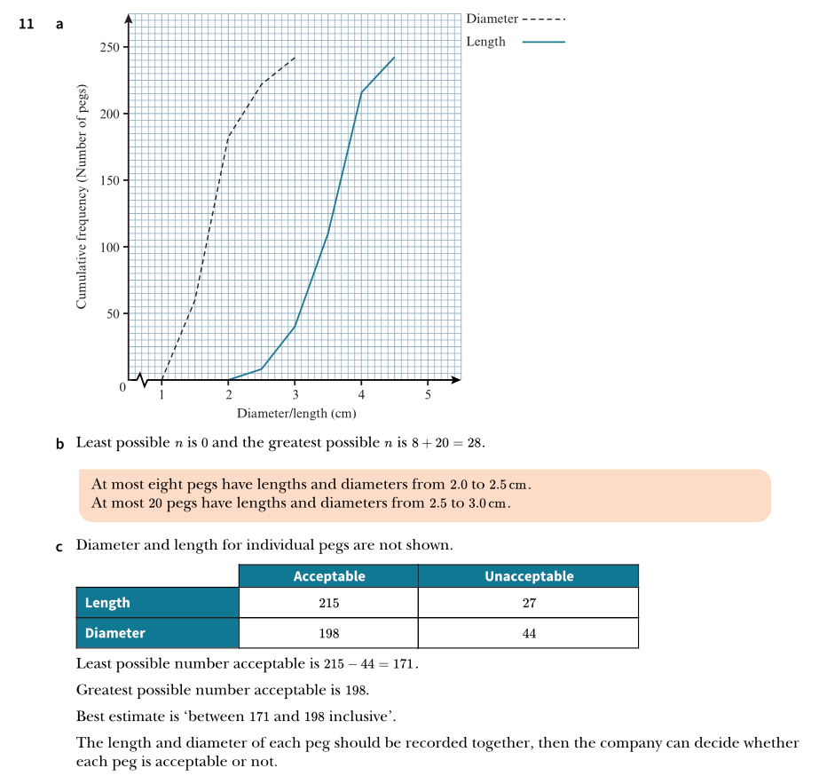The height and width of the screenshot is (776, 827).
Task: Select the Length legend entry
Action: pyautogui.click(x=515, y=42)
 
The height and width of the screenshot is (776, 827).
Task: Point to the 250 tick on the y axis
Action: pyautogui.click(x=112, y=47)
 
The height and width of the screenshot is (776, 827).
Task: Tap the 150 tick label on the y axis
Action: pyautogui.click(x=112, y=180)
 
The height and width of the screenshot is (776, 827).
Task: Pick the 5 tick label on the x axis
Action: pyautogui.click(x=428, y=395)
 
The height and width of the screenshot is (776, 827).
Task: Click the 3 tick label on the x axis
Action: pyautogui.click(x=295, y=395)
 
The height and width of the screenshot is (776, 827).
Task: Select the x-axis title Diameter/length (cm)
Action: pyautogui.click(x=296, y=413)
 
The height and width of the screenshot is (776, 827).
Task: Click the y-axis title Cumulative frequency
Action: pyautogui.click(x=82, y=196)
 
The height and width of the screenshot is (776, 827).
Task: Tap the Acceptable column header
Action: pyautogui.click(x=329, y=576)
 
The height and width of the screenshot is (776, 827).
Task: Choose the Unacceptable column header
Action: pyautogui.click(x=529, y=576)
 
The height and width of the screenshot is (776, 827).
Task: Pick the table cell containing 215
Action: pyautogui.click(x=328, y=603)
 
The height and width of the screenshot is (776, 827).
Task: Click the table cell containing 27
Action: pyautogui.click(x=529, y=603)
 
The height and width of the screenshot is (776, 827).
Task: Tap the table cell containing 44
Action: pyautogui.click(x=529, y=633)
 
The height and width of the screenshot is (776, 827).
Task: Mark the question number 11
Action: pyautogui.click(x=27, y=24)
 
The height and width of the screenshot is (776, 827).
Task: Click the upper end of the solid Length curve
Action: pyautogui.click(x=394, y=57)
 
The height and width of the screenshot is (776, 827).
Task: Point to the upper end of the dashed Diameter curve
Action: pyautogui.click(x=295, y=57)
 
